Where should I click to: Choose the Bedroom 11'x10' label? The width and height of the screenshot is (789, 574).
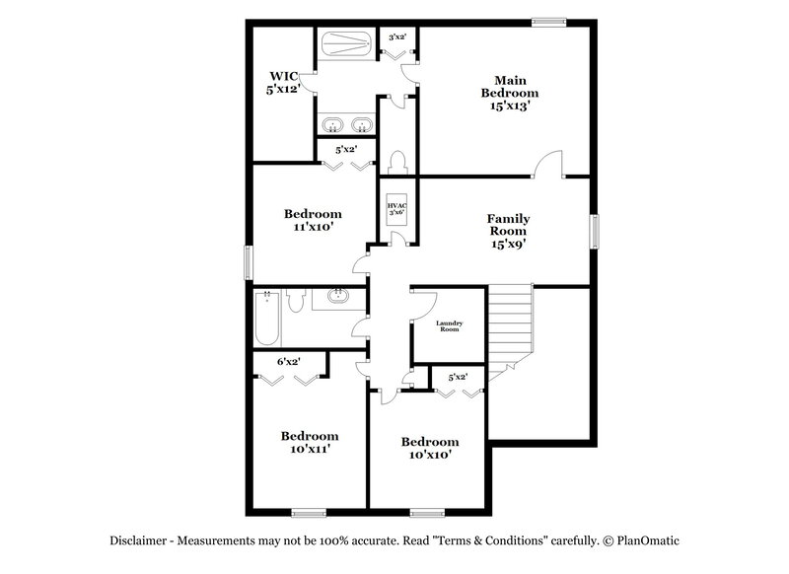click(313, 220)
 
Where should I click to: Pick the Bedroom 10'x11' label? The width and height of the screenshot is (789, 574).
click(309, 442)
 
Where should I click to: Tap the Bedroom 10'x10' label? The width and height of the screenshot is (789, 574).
click(429, 448)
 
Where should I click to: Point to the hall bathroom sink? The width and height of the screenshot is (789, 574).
click(339, 296)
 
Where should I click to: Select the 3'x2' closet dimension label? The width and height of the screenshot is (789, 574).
click(398, 36)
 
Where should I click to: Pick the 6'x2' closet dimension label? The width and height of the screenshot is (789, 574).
click(288, 362)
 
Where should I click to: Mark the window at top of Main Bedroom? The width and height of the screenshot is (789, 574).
click(549, 21)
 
